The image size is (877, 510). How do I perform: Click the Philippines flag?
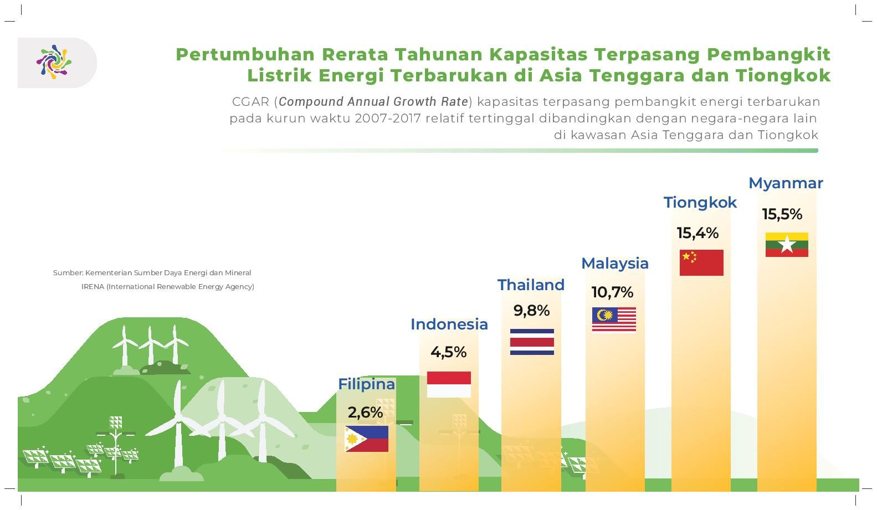(366, 439)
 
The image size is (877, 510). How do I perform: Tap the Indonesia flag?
(449, 384)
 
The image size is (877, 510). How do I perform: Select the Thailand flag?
(532, 342)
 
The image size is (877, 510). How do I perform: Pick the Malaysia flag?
(614, 320)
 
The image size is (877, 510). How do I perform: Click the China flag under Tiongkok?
(701, 262)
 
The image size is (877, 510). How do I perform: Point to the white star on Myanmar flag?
(787, 245)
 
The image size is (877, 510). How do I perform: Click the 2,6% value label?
(365, 412)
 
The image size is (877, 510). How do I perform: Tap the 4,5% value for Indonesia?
(449, 352)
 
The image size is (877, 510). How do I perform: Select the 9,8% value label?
(531, 311)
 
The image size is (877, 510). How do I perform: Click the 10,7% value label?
(612, 292)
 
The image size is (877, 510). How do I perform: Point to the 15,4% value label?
(698, 233)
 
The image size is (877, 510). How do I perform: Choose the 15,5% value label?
(782, 214)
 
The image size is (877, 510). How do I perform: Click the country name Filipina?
(366, 384)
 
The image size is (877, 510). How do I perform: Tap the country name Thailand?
(531, 285)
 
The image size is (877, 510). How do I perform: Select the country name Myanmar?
(786, 184)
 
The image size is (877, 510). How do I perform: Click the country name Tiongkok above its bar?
(700, 203)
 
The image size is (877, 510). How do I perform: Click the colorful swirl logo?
(54, 62)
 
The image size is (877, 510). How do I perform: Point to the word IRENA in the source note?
(93, 286)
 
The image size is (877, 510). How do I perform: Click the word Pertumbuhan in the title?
(245, 54)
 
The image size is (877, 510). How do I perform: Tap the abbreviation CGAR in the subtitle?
(250, 102)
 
